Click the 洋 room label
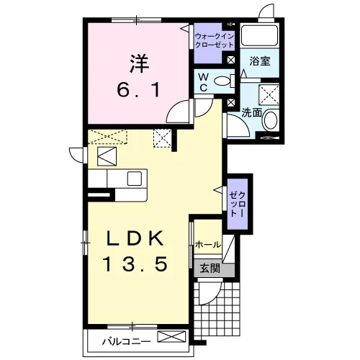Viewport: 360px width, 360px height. coord(140,64)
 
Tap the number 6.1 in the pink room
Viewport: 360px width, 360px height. coord(138,90)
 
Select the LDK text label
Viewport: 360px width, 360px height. coord(135,238)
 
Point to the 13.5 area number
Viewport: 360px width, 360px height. coord(135,264)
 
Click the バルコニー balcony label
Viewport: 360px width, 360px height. coord(127,341)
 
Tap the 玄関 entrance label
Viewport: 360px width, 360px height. coord(210,269)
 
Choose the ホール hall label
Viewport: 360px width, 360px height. coord(208,245)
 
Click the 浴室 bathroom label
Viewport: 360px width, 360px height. coord(260,61)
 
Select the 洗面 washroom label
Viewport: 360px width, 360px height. coord(251,113)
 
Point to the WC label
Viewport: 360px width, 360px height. coord(204,83)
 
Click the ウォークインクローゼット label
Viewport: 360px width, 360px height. coord(215,40)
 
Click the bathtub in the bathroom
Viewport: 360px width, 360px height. coord(259,35)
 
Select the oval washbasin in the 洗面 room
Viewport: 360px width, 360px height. coord(271,120)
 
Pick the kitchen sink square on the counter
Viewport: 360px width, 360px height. coord(135,179)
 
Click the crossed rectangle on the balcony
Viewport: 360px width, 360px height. coord(171,336)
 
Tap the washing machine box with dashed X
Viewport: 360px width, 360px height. coord(269,94)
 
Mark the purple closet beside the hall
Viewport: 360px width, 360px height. coord(238,204)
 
